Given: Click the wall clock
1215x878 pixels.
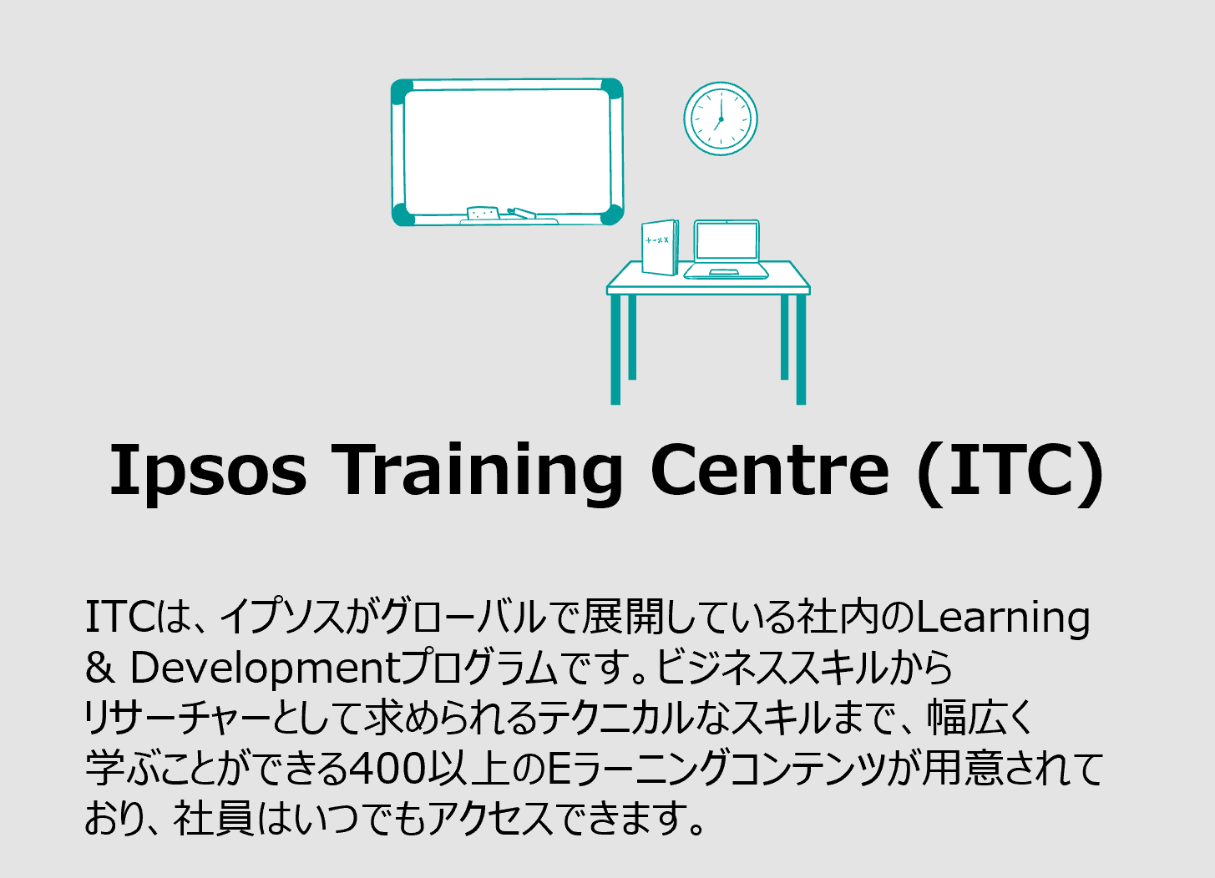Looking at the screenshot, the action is pyautogui.click(x=721, y=119).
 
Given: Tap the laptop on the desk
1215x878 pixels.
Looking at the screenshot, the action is pyautogui.click(x=726, y=250).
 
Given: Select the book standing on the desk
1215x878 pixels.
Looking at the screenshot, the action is pyautogui.click(x=660, y=247).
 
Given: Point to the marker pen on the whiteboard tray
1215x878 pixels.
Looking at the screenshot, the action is pyautogui.click(x=522, y=213).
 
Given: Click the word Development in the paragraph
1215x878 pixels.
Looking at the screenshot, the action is pyautogui.click(x=266, y=669).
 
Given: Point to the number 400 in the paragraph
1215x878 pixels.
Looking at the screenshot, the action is pyautogui.click(x=386, y=769).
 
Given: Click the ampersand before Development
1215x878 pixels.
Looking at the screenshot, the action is pyautogui.click(x=100, y=667).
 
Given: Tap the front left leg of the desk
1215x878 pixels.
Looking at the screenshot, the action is pyautogui.click(x=615, y=350).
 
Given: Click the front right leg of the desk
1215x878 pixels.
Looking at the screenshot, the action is pyautogui.click(x=801, y=350).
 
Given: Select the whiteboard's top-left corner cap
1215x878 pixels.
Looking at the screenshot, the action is pyautogui.click(x=402, y=92).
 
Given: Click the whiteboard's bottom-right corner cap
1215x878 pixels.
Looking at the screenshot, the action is pyautogui.click(x=611, y=213).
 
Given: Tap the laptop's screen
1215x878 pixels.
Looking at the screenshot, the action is pyautogui.click(x=726, y=240).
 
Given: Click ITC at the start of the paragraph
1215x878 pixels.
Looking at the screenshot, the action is pyautogui.click(x=121, y=618).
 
